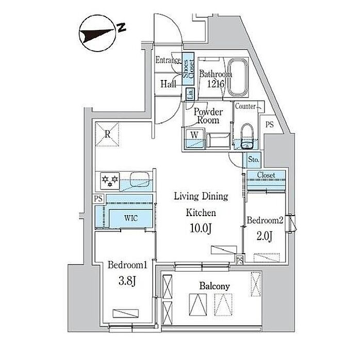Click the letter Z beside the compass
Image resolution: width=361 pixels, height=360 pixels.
tap(122, 27)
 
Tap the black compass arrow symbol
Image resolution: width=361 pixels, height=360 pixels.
tap(97, 36)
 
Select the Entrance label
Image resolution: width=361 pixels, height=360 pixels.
tap(169, 60)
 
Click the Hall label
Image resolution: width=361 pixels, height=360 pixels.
tap(168, 84)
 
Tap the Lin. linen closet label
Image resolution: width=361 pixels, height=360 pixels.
tap(190, 94)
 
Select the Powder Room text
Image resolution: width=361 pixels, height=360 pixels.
tap(208, 116)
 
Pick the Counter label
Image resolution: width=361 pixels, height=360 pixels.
tap(245, 106)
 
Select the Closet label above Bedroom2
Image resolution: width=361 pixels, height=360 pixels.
tap(265, 175)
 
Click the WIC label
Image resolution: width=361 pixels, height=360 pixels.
tap(130, 217)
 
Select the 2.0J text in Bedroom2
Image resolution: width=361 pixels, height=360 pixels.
tap(265, 237)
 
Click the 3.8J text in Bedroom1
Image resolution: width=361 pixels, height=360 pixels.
tap(128, 282)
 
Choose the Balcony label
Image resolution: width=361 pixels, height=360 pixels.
tap(215, 285)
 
